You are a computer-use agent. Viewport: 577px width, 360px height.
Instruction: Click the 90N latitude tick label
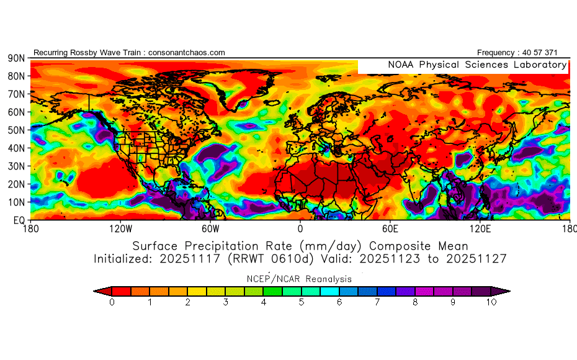point(16,58)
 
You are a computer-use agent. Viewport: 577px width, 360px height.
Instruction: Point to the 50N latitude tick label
point(16,130)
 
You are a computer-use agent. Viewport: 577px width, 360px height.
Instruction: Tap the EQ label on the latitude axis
point(19,220)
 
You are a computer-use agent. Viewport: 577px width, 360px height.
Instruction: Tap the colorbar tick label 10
point(491,302)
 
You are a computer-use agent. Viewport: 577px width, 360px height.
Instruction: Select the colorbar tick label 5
point(302,302)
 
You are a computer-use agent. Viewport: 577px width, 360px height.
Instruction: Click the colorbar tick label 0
point(112,302)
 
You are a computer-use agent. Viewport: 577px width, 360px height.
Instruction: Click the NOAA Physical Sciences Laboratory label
point(476,65)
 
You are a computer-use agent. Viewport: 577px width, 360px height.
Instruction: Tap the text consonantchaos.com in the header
point(187,53)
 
